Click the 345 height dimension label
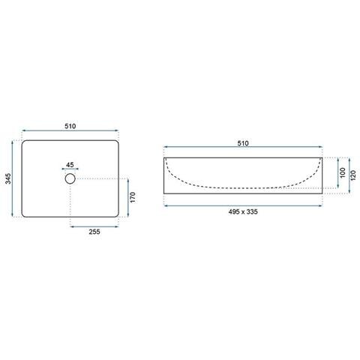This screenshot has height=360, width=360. [x=8, y=178]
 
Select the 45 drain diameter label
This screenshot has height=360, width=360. [x=70, y=165]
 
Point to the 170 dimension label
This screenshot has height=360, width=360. [x=133, y=197]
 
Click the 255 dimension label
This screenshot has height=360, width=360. [x=94, y=232]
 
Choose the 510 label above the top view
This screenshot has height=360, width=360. [x=70, y=126]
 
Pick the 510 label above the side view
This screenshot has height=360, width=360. [x=243, y=143]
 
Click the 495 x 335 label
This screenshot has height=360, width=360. [x=243, y=211]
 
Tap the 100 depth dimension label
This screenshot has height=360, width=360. [x=343, y=172]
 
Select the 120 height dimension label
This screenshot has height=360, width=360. [x=353, y=175]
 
